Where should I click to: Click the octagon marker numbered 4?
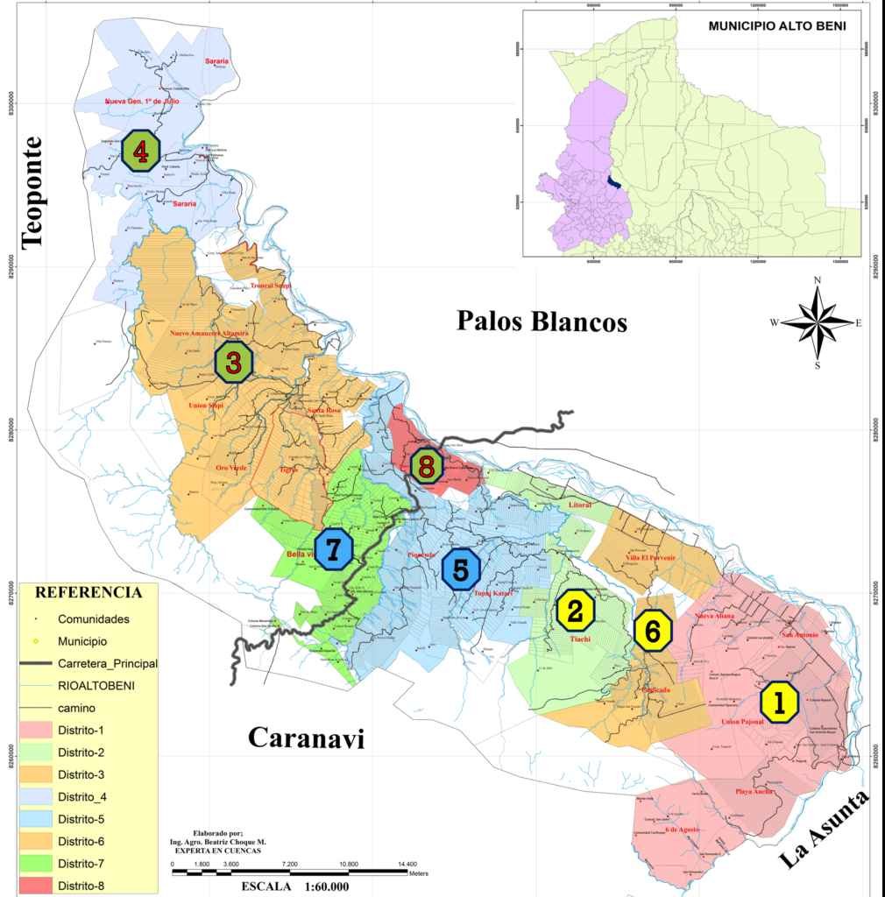click(140, 150)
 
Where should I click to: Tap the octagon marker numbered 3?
click(234, 362)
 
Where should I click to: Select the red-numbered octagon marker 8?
click(427, 465)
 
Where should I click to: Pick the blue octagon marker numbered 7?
click(333, 548)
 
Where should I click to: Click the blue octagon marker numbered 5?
click(461, 570)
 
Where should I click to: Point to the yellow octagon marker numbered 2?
click(575, 611)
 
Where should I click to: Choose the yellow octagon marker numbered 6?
click(653, 630)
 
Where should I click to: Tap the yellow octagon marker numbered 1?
click(779, 701)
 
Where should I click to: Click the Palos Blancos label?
click(542, 321)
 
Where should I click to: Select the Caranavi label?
click(306, 737)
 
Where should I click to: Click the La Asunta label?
click(825, 829)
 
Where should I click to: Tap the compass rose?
click(817, 321)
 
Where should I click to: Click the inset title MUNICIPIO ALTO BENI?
click(776, 26)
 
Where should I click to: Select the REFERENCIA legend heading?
click(88, 592)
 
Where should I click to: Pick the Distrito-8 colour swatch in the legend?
click(34, 886)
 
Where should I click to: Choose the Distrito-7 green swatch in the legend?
click(34, 864)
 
